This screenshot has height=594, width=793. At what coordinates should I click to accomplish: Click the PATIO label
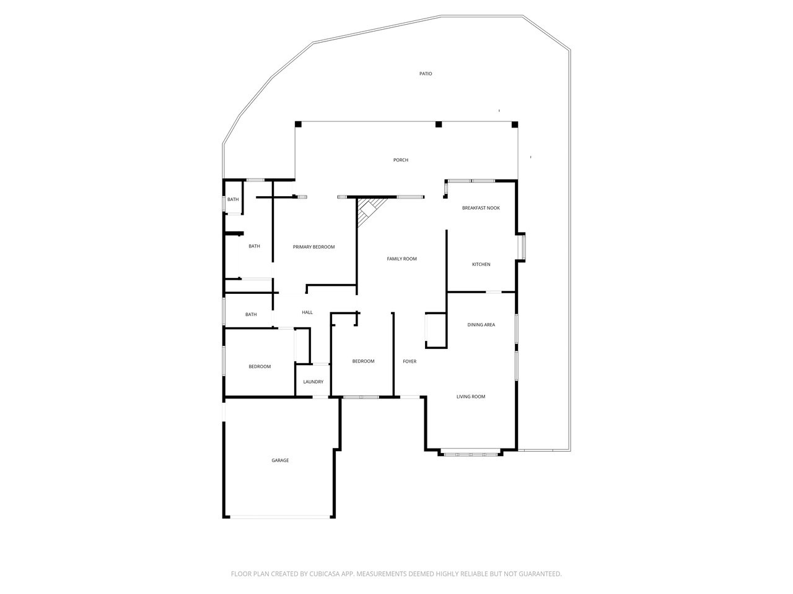coord(426,74)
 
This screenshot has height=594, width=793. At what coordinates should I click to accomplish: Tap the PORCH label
coord(401,160)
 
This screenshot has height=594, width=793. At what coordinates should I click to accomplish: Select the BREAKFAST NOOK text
coord(481,208)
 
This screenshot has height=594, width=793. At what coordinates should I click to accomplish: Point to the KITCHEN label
coord(481,264)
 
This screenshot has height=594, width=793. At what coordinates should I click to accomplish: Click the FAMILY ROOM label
coord(401,259)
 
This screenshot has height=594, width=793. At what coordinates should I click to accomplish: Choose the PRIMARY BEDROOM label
coord(313,247)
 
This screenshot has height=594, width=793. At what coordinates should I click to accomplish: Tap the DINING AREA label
coord(481,325)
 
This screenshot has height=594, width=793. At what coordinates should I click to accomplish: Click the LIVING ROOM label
coord(471,397)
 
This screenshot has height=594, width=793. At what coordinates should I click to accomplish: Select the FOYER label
coord(410,361)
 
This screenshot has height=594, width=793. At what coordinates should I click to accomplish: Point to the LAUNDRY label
coord(313,382)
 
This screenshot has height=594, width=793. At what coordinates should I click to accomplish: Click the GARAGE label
coord(280,460)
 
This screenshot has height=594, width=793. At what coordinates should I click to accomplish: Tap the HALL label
coord(307,312)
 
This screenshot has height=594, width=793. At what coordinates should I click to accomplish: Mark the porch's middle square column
coord(439,124)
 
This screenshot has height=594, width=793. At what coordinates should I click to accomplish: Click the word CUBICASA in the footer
coord(325,574)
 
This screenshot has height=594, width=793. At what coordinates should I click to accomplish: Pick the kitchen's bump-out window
coord(522,247)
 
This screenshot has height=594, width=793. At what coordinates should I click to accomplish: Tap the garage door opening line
coord(280,517)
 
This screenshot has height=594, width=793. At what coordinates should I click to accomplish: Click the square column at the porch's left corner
coord(298,124)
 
